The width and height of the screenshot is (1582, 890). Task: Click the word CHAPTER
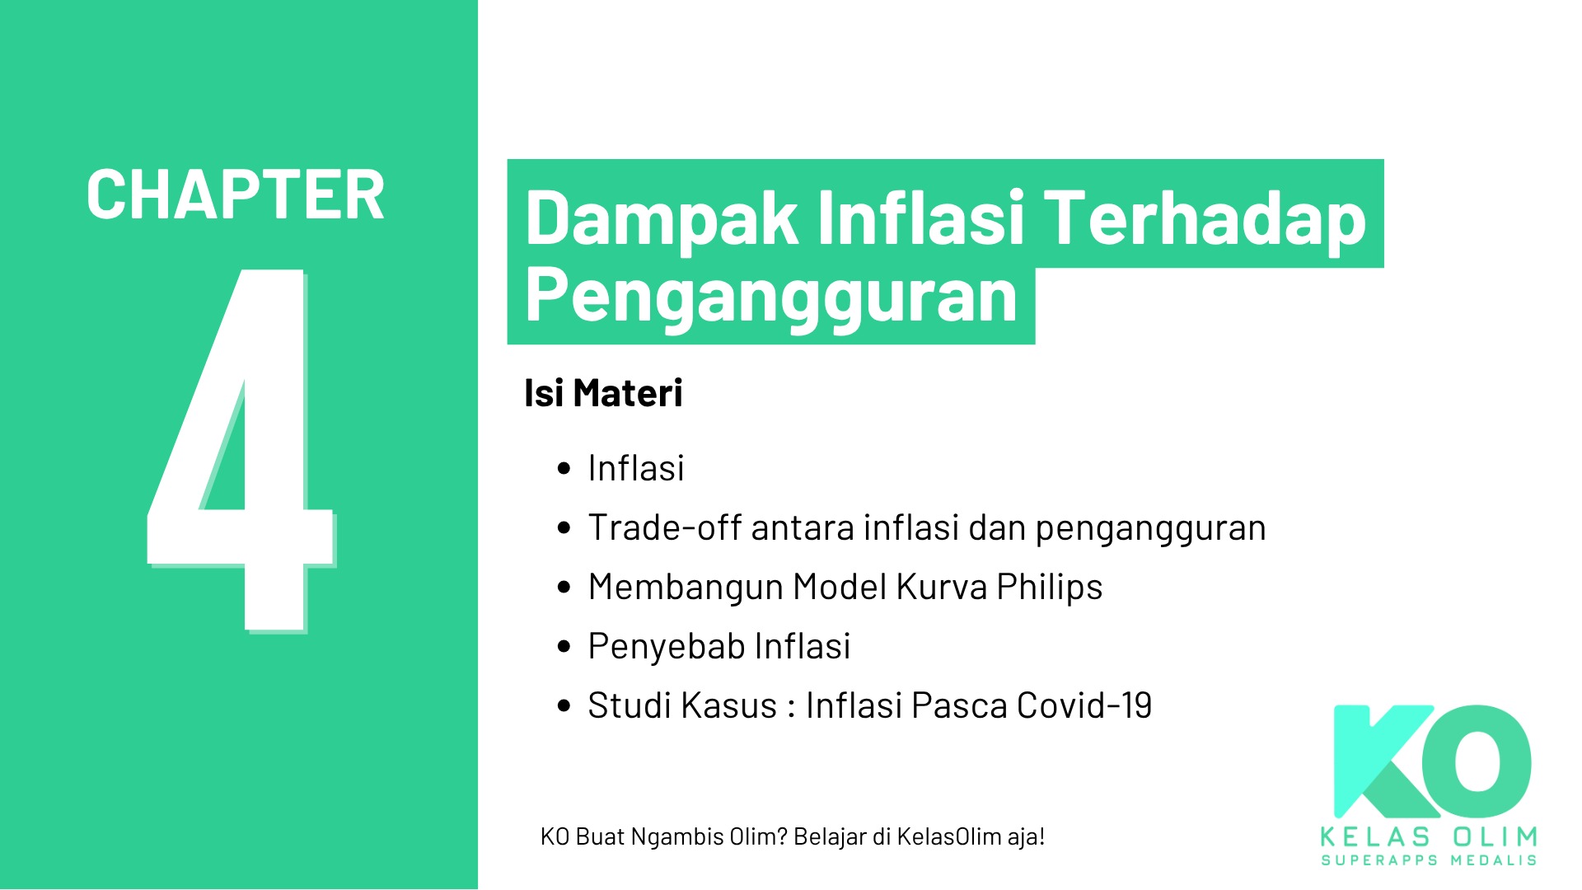click(x=236, y=195)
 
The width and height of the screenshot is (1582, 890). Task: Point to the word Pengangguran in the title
click(x=771, y=295)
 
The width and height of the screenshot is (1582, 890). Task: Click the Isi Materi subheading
click(x=603, y=393)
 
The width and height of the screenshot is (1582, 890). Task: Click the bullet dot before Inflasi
click(x=564, y=469)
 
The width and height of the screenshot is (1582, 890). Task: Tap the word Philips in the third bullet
click(x=1049, y=588)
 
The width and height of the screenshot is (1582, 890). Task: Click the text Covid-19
click(x=1084, y=705)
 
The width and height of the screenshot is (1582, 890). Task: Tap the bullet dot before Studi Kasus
click(x=564, y=706)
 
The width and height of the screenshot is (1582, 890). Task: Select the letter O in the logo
click(x=1483, y=762)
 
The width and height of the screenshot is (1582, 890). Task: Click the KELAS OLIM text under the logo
click(x=1429, y=837)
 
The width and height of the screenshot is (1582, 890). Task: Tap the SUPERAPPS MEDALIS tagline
click(x=1429, y=860)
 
